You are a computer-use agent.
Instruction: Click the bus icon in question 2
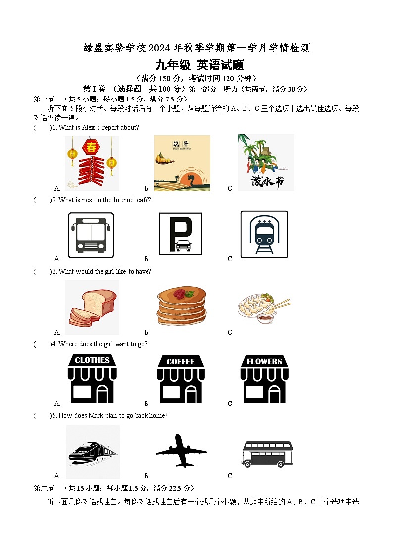click(x=91, y=235)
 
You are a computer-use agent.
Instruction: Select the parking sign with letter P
click(x=181, y=234)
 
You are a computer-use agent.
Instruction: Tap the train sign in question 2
click(x=264, y=235)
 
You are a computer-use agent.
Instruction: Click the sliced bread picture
click(x=93, y=307)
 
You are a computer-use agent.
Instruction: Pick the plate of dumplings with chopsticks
click(x=263, y=308)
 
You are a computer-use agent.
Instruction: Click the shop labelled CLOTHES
click(x=92, y=378)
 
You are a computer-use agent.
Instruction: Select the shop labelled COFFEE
click(x=181, y=379)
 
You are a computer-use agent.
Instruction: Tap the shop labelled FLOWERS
click(x=264, y=378)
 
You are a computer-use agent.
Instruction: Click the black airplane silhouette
click(x=181, y=451)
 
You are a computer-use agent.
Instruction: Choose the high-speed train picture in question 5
click(x=93, y=452)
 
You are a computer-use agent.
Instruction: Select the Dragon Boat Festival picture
click(x=182, y=163)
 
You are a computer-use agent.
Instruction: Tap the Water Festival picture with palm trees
click(x=265, y=162)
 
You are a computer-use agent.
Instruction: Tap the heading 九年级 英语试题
click(x=200, y=65)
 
